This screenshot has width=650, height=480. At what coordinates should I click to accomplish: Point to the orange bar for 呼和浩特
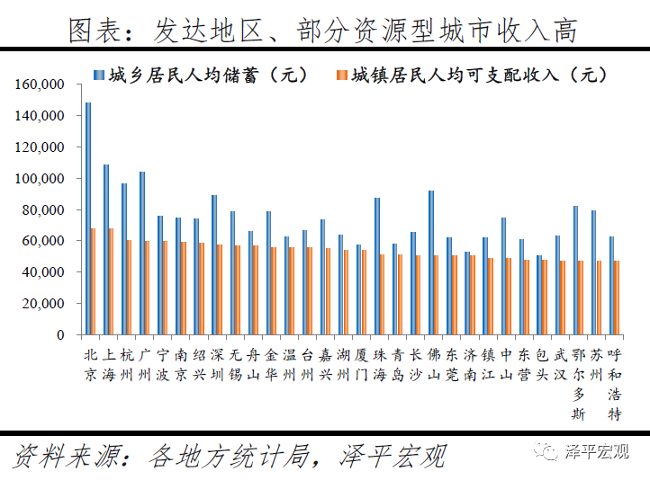click(x=618, y=298)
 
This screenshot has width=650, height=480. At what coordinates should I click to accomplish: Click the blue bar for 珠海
click(x=376, y=266)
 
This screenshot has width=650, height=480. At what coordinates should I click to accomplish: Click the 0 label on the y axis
click(x=60, y=335)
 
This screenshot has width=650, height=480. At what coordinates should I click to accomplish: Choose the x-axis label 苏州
click(x=597, y=364)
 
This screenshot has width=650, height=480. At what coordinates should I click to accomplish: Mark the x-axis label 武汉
click(x=561, y=364)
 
